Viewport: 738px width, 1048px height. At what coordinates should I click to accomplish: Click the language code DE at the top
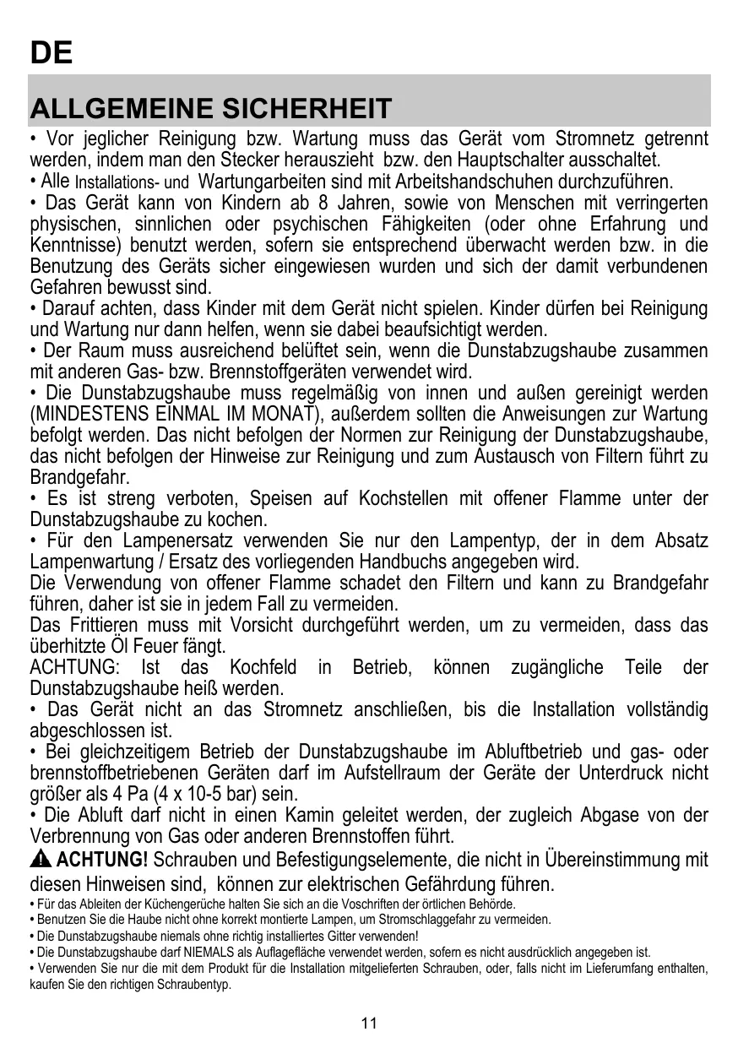(x=51, y=53)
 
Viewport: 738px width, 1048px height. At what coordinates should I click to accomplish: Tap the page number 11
(x=368, y=1024)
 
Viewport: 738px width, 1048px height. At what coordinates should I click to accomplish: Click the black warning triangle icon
(x=41, y=861)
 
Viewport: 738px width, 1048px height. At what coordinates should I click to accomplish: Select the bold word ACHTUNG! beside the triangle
(x=102, y=861)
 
